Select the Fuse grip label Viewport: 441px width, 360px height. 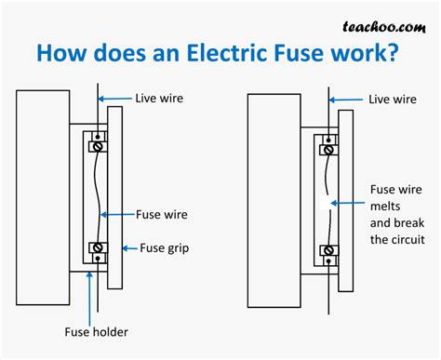click(168, 247)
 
